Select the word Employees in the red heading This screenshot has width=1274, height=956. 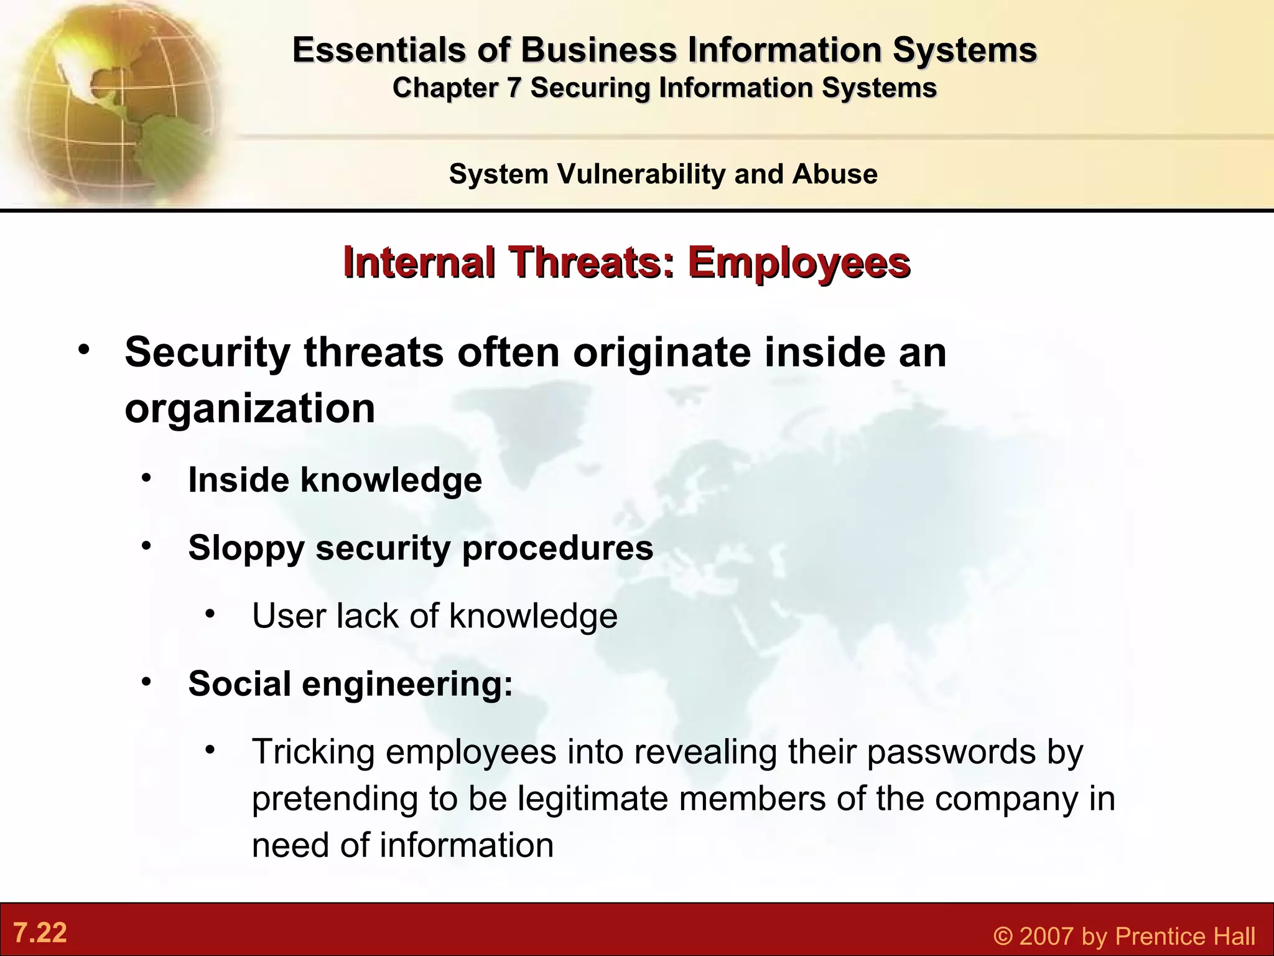click(x=799, y=263)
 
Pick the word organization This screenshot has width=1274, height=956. click(x=250, y=409)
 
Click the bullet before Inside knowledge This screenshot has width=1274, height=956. click(x=146, y=478)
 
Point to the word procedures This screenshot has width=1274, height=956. click(x=557, y=548)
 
